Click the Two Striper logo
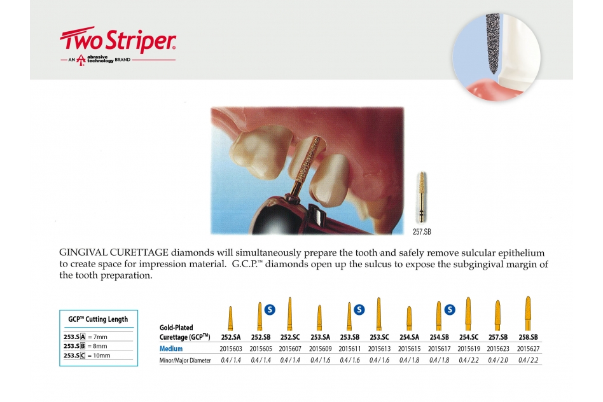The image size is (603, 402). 118,45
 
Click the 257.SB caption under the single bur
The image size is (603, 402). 422,232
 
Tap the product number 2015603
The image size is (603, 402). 231,349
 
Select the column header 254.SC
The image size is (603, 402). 469,337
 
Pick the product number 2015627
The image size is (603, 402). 528,349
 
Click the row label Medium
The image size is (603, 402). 171,349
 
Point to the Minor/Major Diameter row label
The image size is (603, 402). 185,361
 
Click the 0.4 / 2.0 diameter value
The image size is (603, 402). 498,360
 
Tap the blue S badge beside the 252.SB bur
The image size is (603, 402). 270,309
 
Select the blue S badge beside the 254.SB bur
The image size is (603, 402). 450,309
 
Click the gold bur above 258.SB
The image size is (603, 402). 528,313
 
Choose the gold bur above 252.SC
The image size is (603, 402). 289,314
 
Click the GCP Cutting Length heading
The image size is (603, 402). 98,319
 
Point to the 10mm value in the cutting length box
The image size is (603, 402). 102,356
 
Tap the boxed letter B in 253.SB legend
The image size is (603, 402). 82,346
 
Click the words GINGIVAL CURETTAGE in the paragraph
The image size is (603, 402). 114,253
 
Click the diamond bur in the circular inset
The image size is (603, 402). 492,43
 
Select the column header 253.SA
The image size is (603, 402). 320,337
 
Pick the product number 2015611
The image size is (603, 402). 350,349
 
